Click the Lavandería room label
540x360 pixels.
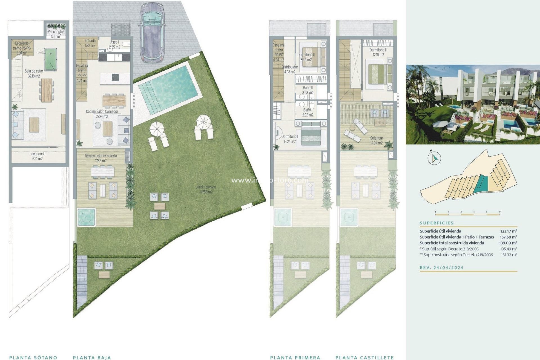point(37,156)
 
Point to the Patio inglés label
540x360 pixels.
point(56,34)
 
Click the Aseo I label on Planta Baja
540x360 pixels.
point(114,44)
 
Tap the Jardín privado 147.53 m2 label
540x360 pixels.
point(206,189)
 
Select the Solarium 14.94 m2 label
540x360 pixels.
point(376,140)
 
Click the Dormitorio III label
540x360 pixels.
point(378,52)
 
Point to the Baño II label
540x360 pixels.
point(308,90)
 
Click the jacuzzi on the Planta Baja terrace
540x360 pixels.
point(86,217)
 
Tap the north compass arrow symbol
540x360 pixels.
point(434,158)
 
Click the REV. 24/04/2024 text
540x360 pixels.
point(442,267)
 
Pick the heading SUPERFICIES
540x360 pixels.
point(436,223)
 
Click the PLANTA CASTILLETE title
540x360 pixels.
point(364,357)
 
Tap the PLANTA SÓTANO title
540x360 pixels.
point(33,357)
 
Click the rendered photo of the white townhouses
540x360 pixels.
point(473,105)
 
